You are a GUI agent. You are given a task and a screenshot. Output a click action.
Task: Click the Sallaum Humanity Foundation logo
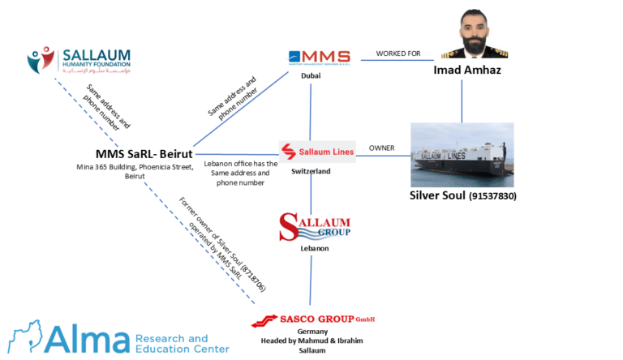[x=78, y=60]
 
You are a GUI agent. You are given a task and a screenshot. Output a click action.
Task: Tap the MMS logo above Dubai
[x=319, y=57]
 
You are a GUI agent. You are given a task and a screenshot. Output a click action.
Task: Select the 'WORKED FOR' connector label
[x=398, y=54]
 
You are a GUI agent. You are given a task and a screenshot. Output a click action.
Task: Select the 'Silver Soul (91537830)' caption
[x=463, y=196]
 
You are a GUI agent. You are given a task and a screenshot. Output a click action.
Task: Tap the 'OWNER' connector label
[x=381, y=148]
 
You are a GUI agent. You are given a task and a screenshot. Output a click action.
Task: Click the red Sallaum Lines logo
[x=316, y=152]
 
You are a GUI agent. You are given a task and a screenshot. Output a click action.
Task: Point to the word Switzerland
[x=311, y=172]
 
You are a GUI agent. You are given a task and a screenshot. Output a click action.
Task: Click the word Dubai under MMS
[x=311, y=75]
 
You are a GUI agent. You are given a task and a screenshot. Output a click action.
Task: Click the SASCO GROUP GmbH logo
[x=314, y=319]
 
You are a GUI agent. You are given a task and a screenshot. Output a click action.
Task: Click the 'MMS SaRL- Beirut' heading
[x=143, y=154]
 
